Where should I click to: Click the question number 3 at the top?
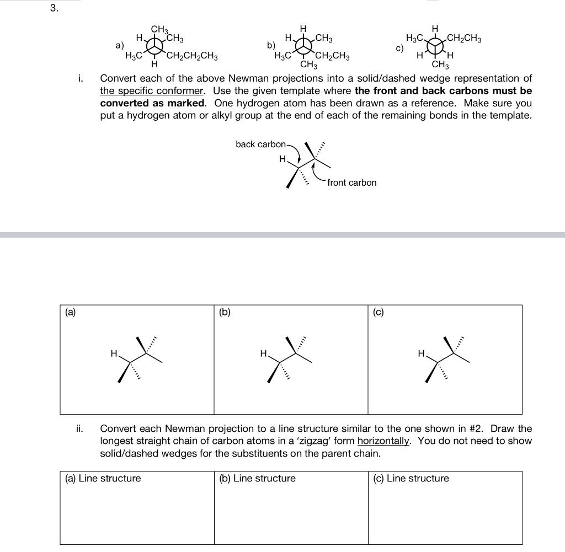53,8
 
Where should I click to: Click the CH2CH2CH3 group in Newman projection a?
192,56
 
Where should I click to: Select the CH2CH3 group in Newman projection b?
332,56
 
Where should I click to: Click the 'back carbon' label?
260,144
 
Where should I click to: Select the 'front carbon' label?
351,183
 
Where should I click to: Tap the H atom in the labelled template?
282,159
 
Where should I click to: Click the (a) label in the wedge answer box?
70,312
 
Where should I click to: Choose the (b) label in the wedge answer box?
224,312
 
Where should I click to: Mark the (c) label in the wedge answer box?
378,312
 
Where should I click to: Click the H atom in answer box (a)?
114,353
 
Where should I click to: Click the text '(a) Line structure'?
103,479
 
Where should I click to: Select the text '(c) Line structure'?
411,479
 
